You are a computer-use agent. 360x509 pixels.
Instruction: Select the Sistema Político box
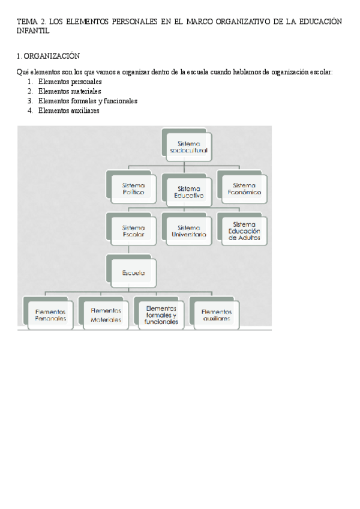133,189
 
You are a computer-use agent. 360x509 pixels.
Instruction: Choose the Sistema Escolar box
133,230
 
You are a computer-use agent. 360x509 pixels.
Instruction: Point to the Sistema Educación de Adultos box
244,230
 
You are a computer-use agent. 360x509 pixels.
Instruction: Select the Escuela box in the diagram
133,273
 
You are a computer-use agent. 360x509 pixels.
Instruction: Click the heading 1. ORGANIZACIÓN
49,56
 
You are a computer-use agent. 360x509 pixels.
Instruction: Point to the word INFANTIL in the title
33,31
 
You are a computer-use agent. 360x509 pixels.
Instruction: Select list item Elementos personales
70,82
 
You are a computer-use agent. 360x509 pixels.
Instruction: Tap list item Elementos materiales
70,91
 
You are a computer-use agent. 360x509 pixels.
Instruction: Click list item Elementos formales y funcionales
88,101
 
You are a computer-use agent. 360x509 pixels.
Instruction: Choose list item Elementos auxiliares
68,110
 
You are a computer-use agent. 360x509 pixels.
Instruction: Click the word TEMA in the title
27,22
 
